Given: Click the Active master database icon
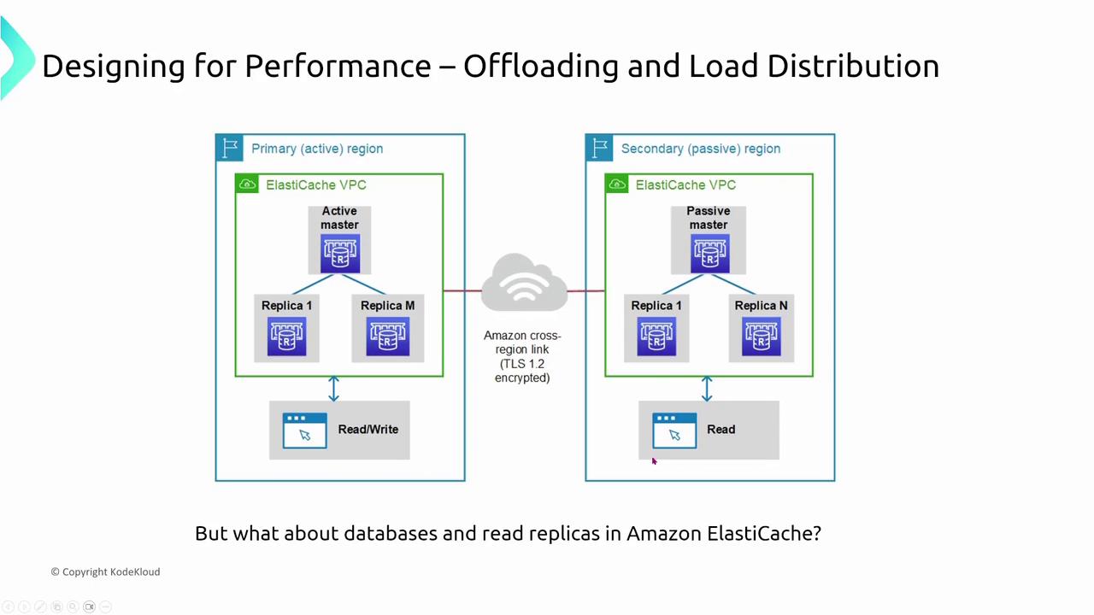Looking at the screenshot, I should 339,254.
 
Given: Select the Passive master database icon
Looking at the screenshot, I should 709,254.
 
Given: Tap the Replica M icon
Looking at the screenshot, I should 388,337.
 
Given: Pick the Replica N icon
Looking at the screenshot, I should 761,337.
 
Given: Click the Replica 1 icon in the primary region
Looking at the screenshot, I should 286,337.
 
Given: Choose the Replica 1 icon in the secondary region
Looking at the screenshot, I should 656,337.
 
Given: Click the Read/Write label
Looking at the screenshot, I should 368,430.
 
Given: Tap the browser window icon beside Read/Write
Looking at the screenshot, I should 304,430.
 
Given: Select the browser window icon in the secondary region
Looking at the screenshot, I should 674,430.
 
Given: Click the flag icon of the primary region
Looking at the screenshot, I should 230,148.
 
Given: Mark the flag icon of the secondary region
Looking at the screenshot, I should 600,148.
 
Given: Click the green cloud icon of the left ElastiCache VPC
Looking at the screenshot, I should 247,184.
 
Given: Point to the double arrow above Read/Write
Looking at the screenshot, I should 333,389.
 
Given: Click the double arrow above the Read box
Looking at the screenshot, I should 707,389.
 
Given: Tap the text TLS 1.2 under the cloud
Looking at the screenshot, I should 521,364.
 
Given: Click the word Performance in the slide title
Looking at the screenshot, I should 338,66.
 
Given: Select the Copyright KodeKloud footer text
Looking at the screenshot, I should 105,571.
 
